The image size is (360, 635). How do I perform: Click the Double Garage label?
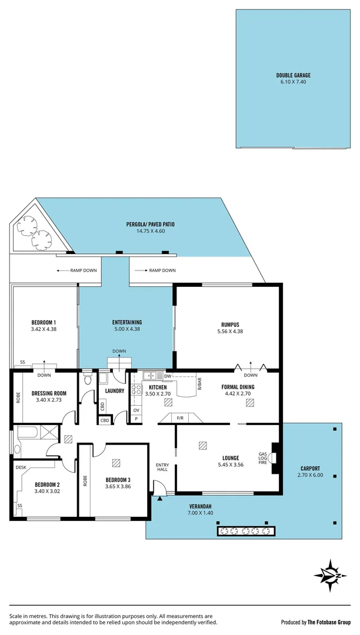tap(294, 75)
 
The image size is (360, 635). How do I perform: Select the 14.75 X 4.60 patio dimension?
tap(150, 232)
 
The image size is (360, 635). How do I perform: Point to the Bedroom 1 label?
tap(44, 322)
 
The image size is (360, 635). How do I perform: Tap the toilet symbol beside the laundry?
tap(88, 379)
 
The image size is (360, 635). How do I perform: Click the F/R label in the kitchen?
tap(180, 418)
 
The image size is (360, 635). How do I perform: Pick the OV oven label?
tap(136, 410)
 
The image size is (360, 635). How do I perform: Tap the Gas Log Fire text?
tap(263, 459)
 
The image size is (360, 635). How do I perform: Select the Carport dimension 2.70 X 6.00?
tap(310, 475)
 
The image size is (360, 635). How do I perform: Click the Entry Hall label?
tap(162, 467)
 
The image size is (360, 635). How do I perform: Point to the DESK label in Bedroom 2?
tap(22, 467)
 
